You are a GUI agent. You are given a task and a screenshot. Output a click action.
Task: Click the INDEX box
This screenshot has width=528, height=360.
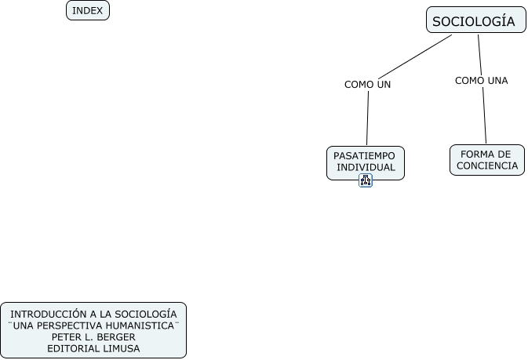click(87, 10)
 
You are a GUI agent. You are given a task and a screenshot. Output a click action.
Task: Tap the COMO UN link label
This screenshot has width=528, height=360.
click(367, 84)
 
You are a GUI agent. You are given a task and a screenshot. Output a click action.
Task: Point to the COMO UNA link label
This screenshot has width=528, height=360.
click(481, 80)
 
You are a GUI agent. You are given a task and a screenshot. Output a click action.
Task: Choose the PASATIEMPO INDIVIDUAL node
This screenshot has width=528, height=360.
click(365, 162)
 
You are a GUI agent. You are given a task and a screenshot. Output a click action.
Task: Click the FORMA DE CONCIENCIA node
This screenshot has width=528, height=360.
click(486, 160)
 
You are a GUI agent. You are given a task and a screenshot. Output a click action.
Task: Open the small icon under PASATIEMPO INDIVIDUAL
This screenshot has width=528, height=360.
click(366, 180)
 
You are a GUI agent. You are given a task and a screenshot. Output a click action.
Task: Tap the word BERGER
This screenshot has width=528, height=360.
click(115, 336)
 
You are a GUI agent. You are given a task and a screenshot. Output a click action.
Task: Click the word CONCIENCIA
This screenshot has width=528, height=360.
click(486, 165)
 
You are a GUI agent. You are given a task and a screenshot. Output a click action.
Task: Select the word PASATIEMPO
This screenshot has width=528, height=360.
click(364, 155)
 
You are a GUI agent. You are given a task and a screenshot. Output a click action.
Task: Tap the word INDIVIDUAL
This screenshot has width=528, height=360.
click(366, 167)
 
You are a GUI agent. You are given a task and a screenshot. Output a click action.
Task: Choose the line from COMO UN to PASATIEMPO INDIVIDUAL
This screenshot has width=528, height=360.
click(367, 118)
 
